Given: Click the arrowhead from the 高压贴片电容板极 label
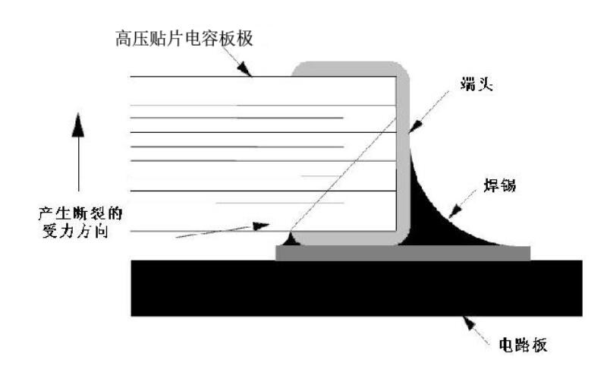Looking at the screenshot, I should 248,71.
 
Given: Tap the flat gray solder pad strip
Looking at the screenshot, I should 402,253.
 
